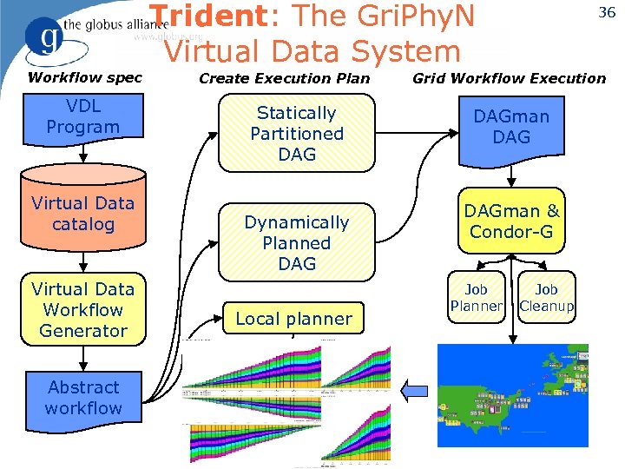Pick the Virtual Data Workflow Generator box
coord(83,310)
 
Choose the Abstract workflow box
coord(83,398)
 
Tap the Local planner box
coord(294,319)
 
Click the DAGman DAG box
coord(511,129)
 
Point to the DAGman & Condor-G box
coord(511,222)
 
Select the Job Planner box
coord(476,298)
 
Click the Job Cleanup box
coord(547,298)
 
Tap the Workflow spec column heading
coord(84,77)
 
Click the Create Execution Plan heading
coord(285,78)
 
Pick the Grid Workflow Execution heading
coord(509,78)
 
